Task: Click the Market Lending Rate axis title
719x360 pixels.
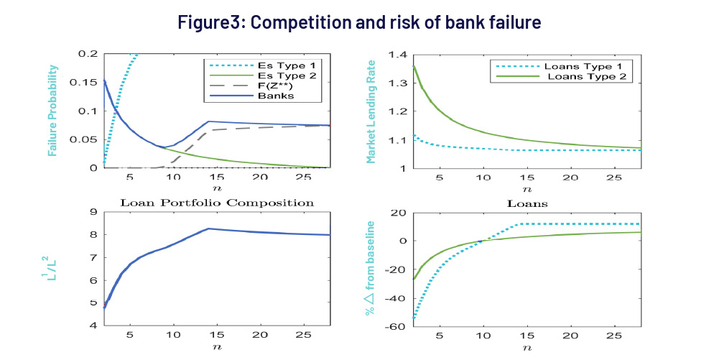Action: pyautogui.click(x=371, y=111)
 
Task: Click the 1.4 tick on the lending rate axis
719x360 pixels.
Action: pyautogui.click(x=396, y=55)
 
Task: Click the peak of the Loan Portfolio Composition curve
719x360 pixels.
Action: pyautogui.click(x=208, y=229)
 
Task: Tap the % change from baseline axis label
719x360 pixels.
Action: pyautogui.click(x=372, y=269)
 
